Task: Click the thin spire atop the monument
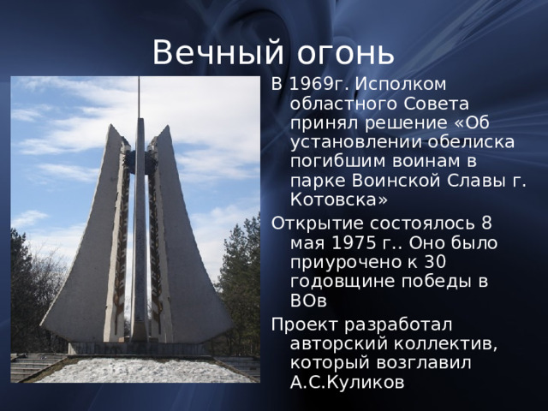pos(139,98)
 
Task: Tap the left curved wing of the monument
pos(86,257)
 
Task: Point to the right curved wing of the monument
pos(193,257)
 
